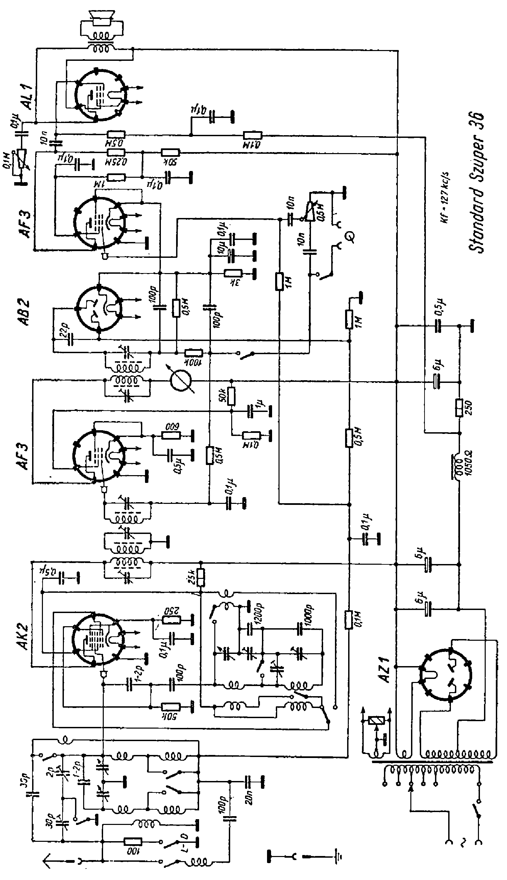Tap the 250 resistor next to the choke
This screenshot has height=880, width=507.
(x=459, y=408)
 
